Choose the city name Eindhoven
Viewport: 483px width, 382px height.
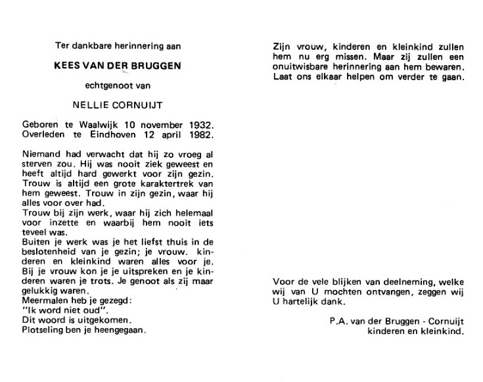(119, 135)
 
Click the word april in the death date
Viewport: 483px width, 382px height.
(172, 135)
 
